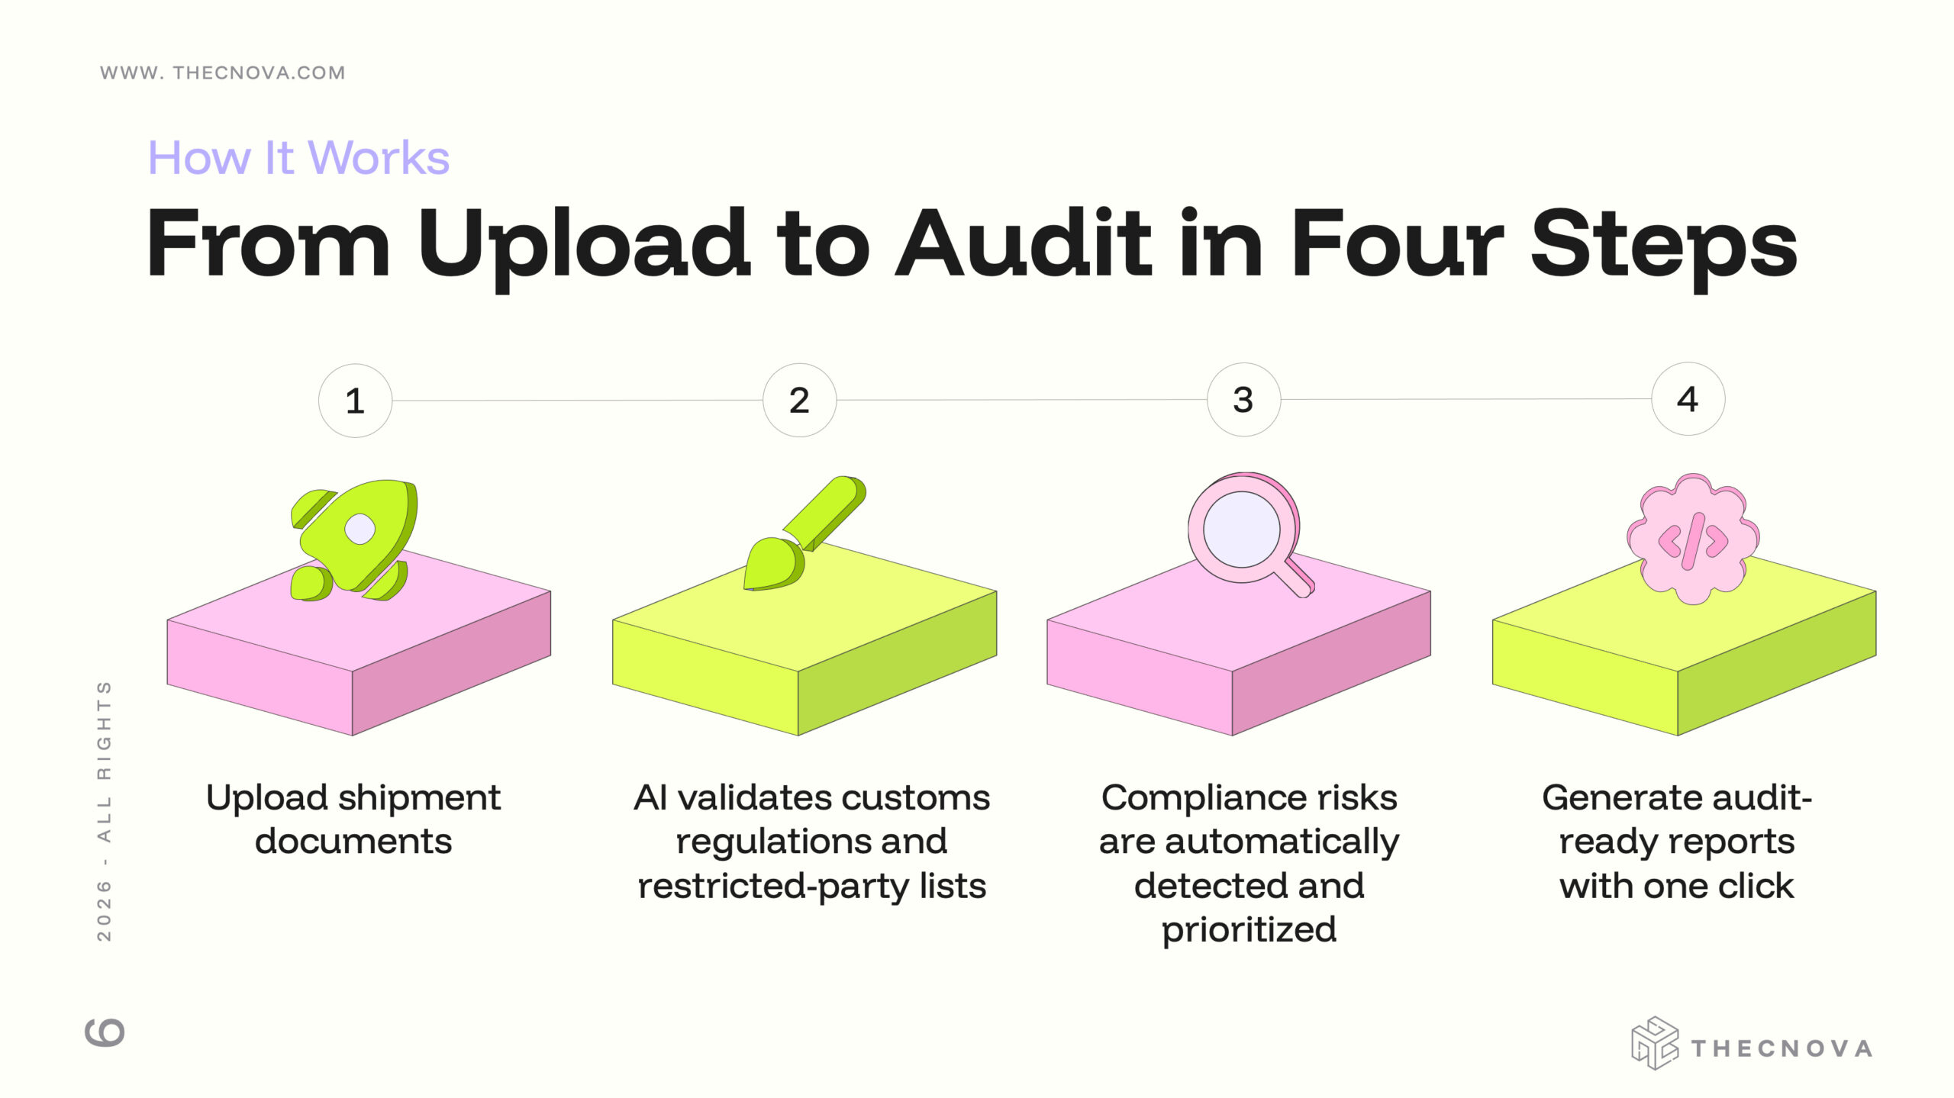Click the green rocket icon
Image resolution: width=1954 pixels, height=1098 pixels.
354,540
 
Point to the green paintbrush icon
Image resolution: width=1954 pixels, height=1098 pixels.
804,533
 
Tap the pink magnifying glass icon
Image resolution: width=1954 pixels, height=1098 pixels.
1249,534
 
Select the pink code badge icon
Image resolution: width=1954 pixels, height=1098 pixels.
1693,539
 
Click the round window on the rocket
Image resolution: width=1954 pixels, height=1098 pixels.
360,529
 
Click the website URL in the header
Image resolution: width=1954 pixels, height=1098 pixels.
223,72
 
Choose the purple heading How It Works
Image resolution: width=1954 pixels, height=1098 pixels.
298,158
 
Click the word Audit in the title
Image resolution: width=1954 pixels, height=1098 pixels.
1023,243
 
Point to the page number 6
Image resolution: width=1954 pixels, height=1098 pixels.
105,1032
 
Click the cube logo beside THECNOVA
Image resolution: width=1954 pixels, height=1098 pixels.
1654,1043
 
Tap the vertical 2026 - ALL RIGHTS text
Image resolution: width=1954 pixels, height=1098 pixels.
105,811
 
